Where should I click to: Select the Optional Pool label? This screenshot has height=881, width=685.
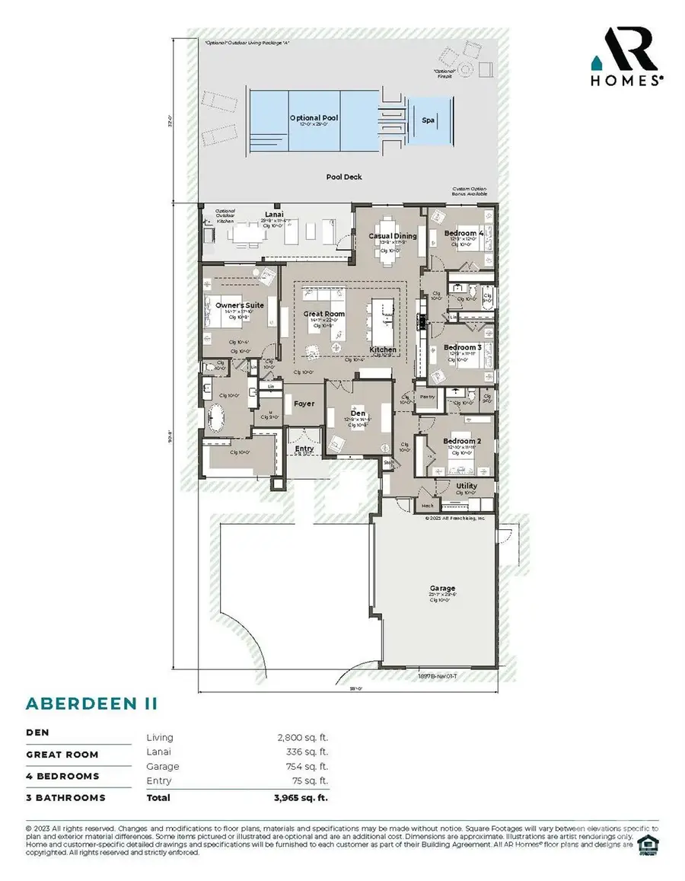click(313, 118)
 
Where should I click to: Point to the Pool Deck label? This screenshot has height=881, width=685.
click(344, 177)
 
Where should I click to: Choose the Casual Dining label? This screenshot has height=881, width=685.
click(393, 236)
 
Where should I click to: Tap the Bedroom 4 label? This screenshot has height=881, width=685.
click(464, 233)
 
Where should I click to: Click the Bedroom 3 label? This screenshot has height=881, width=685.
click(463, 347)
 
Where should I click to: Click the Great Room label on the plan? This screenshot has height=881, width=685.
click(324, 314)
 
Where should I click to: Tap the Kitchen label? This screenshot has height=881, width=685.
click(383, 350)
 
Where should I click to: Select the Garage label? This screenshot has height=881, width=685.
click(441, 588)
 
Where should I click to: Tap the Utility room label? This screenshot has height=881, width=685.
click(466, 485)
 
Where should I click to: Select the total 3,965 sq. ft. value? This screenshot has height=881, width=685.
click(300, 797)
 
